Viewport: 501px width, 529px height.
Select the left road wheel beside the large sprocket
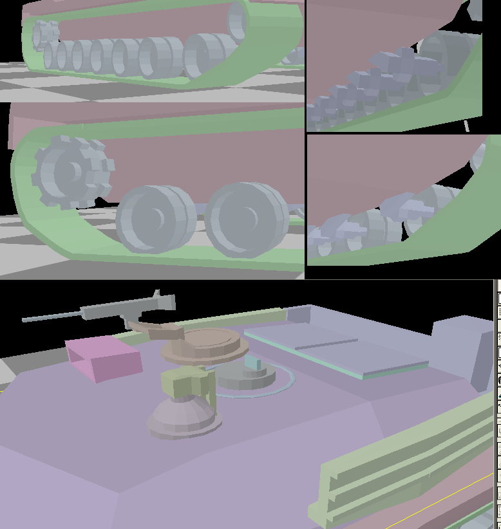[x=155, y=219]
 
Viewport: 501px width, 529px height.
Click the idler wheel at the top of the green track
[x=237, y=19]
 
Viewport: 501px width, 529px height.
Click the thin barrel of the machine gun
[x=52, y=316]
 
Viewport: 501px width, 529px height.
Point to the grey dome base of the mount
[x=184, y=418]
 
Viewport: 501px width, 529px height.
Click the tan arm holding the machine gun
[x=161, y=331]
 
